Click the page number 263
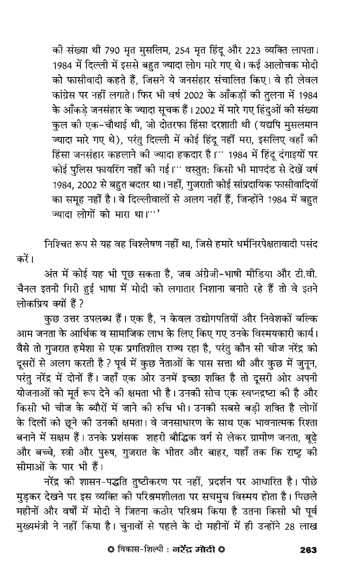point(308,550)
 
